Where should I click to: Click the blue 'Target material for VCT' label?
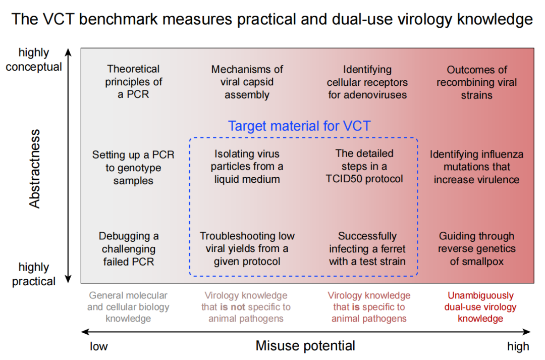(299, 126)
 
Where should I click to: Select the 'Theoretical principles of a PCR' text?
(133, 82)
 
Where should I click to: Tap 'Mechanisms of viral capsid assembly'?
(247, 82)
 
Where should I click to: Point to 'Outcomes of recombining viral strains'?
(477, 82)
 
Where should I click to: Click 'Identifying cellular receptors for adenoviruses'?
(367, 82)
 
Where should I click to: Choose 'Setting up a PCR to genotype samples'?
(133, 168)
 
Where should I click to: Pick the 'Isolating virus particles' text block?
(247, 167)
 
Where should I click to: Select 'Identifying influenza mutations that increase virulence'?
(476, 167)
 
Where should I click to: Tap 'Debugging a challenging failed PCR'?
(129, 249)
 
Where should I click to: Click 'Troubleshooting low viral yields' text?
(247, 249)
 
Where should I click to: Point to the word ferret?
(392, 249)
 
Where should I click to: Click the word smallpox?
(482, 262)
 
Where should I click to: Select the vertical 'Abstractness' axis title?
(35, 169)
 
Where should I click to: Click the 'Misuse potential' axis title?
(305, 346)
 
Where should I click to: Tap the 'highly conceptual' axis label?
(34, 60)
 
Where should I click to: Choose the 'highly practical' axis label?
(34, 274)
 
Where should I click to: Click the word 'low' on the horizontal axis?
(99, 346)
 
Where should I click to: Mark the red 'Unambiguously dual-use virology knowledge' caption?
(480, 307)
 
